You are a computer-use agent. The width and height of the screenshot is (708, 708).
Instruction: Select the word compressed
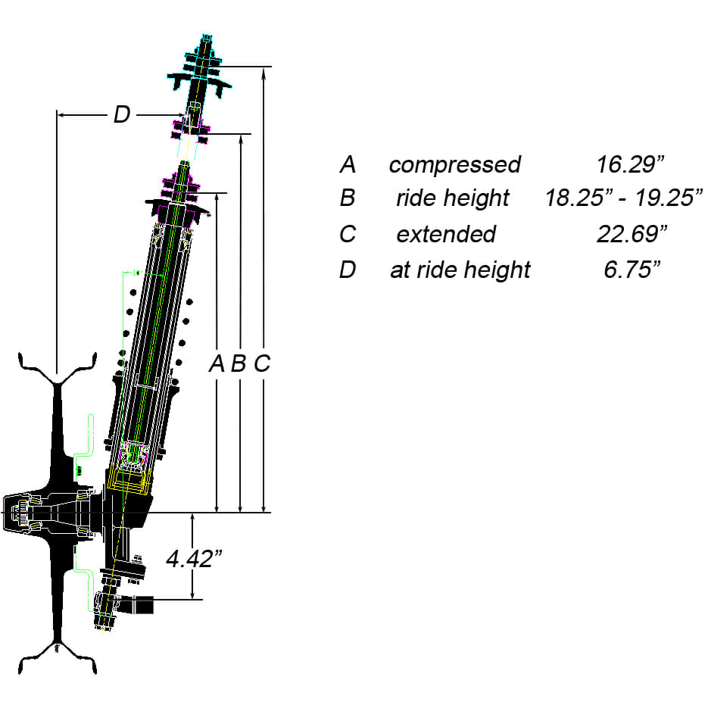click(454, 164)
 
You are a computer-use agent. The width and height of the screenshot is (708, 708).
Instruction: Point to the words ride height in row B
click(452, 198)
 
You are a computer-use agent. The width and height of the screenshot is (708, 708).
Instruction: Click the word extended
click(446, 234)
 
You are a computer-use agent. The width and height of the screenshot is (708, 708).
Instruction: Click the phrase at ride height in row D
click(460, 270)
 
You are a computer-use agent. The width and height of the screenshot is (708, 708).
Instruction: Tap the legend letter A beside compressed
click(348, 164)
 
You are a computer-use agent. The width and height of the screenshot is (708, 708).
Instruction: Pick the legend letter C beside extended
click(348, 234)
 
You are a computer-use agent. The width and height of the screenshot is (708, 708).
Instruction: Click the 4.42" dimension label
click(195, 558)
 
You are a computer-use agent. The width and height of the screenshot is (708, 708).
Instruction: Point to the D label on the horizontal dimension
click(121, 115)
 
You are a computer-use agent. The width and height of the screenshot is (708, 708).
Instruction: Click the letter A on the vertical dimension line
click(217, 364)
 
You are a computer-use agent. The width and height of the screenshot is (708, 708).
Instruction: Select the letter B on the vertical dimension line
click(239, 364)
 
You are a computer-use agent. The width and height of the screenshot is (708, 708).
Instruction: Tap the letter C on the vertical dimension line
click(261, 364)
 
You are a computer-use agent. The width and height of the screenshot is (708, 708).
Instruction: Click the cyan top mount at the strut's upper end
click(199, 74)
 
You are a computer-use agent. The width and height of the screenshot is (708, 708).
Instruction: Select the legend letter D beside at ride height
click(348, 270)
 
